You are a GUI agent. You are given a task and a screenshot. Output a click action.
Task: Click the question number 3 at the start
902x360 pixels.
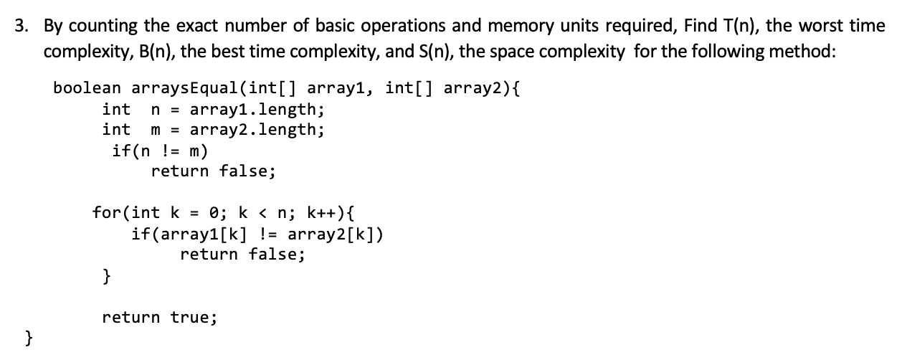23,27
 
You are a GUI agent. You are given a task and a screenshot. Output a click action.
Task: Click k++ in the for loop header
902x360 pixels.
321,213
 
